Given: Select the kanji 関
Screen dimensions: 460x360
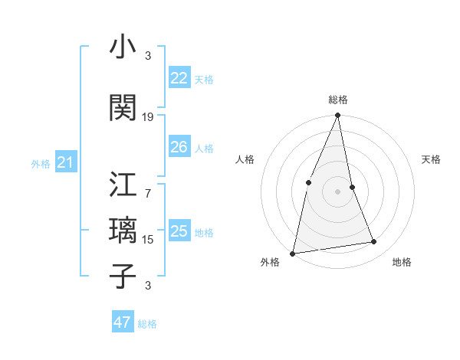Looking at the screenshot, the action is coord(123,109).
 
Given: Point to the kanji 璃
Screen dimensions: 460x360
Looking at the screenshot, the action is coord(123,231).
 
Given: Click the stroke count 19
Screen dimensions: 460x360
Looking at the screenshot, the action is coord(148,117).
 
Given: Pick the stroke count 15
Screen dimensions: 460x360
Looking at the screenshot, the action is coord(148,240).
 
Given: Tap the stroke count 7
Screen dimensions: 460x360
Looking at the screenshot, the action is coord(148,185).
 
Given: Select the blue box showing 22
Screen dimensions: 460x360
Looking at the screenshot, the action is coord(179,78).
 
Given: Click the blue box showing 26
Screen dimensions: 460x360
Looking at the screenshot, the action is coord(179,147).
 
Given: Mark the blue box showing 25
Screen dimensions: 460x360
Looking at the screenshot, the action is coord(179,231).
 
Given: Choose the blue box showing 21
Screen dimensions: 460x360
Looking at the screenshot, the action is coord(65,162).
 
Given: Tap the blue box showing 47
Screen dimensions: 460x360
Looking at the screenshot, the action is coord(122,322).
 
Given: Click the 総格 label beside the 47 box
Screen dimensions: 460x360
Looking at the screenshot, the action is coord(147,324).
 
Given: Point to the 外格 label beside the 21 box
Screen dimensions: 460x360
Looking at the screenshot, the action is coord(41,164).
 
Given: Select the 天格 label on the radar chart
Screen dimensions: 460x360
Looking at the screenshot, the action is coord(431,159).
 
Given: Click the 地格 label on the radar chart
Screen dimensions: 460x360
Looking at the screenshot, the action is coord(402,262).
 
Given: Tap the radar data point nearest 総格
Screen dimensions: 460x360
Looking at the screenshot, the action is coord(337,115).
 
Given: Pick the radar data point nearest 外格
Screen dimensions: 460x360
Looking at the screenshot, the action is coord(293,253).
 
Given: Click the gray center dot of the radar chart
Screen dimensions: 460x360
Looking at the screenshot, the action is coord(337,191).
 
